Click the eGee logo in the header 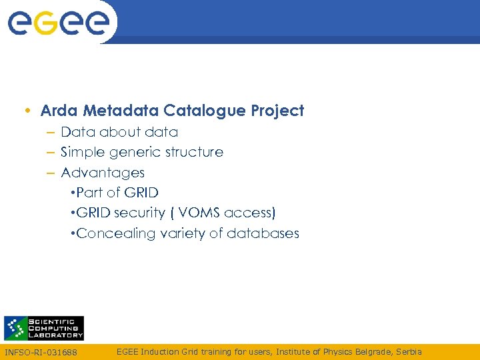click(58, 23)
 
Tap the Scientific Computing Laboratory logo click(44, 328)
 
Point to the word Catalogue click(205, 111)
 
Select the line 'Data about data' click(119, 132)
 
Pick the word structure click(195, 153)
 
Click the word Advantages click(103, 173)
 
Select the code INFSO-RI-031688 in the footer click(41, 352)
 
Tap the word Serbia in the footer click(408, 351)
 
